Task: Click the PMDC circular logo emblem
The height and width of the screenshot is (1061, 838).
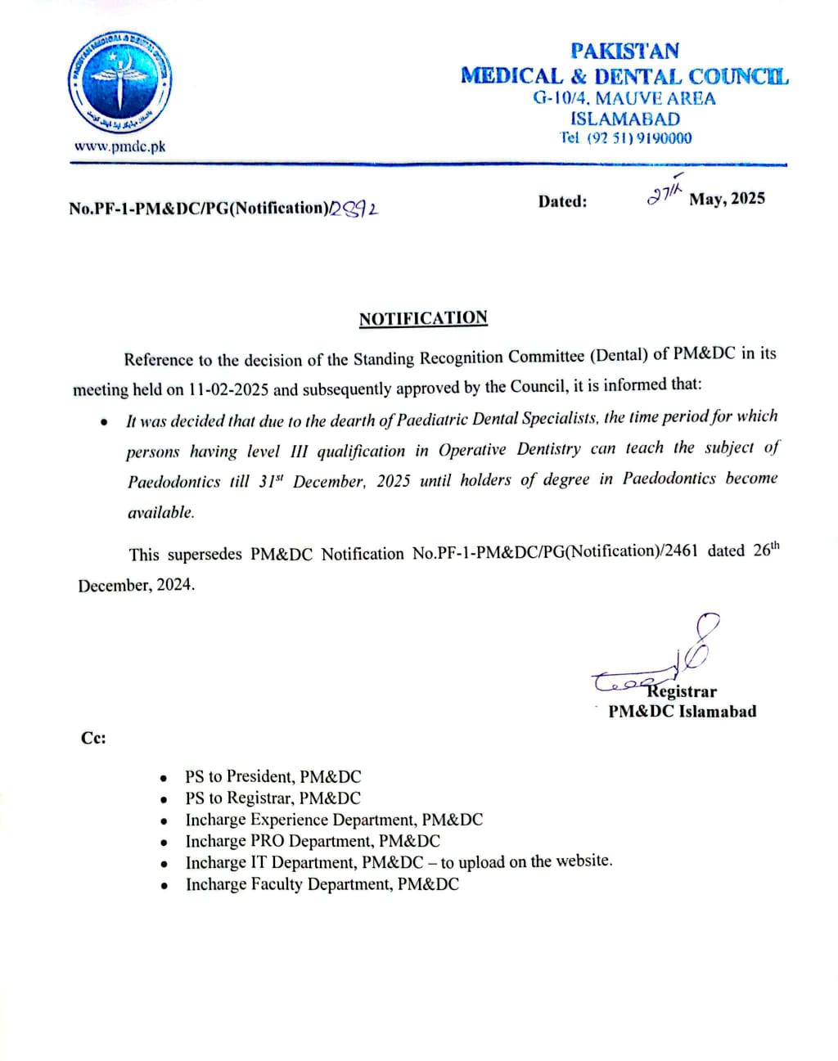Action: click(119, 83)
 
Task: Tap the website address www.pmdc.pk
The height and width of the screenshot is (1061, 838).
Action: click(119, 146)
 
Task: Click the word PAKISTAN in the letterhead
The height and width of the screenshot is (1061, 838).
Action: click(624, 51)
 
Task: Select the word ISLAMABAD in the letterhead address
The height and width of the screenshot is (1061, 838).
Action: click(624, 119)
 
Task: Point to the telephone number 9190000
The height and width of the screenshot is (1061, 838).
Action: click(664, 138)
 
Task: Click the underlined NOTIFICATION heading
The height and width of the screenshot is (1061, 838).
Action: click(423, 318)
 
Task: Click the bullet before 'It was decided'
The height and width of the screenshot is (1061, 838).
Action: click(104, 423)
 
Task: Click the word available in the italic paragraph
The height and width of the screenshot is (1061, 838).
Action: click(160, 513)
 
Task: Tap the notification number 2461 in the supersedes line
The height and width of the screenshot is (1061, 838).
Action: click(682, 551)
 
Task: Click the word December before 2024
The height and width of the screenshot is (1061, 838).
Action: click(113, 586)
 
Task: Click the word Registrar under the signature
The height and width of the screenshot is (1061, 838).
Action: click(683, 692)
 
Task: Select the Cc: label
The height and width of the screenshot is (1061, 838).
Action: click(93, 738)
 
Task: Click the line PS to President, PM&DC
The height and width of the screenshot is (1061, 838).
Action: click(273, 776)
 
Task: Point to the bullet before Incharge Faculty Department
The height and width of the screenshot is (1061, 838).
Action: click(165, 886)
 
